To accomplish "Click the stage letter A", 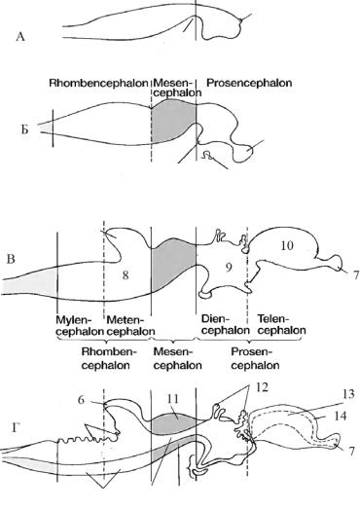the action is click(20, 37).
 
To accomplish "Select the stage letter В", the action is click(11, 260).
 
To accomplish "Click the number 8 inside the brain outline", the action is click(126, 275).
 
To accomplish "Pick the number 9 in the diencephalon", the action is click(229, 268).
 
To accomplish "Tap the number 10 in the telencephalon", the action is click(287, 245).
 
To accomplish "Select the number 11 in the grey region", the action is click(172, 399).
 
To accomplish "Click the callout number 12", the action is click(262, 387).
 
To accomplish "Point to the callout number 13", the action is click(347, 394).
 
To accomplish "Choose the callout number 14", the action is click(340, 416).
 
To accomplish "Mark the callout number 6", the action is click(81, 400).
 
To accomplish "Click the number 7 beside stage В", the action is click(355, 275).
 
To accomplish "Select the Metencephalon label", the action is click(130, 326).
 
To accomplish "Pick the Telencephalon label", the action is click(282, 325).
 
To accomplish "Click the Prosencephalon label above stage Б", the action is click(249, 83).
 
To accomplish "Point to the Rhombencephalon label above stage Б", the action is click(98, 83).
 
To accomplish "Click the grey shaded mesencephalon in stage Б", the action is click(172, 121).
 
